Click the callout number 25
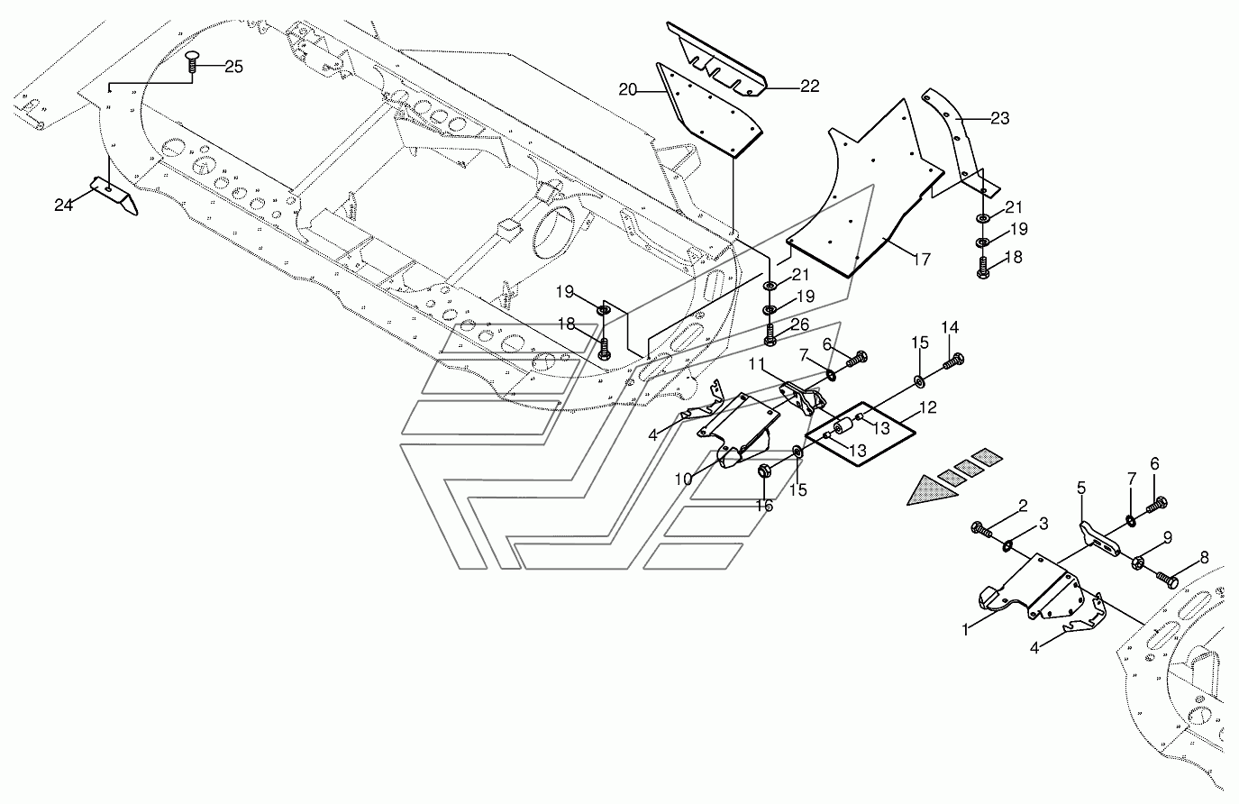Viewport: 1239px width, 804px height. pyautogui.click(x=233, y=67)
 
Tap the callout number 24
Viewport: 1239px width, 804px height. pyautogui.click(x=63, y=205)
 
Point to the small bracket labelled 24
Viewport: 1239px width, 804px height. pyautogui.click(x=113, y=196)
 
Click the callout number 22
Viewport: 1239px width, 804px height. pyautogui.click(x=809, y=87)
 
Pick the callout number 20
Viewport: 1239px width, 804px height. pyautogui.click(x=628, y=89)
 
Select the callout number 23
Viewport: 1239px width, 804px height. pyautogui.click(x=999, y=118)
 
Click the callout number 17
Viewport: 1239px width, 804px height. pyautogui.click(x=921, y=260)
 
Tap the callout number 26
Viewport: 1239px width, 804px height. pyautogui.click(x=799, y=324)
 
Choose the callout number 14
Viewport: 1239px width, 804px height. pyautogui.click(x=951, y=327)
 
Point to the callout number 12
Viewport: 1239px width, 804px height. pyautogui.click(x=927, y=408)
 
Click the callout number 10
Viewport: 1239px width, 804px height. pyautogui.click(x=684, y=480)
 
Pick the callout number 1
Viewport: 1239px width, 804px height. pyautogui.click(x=965, y=630)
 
